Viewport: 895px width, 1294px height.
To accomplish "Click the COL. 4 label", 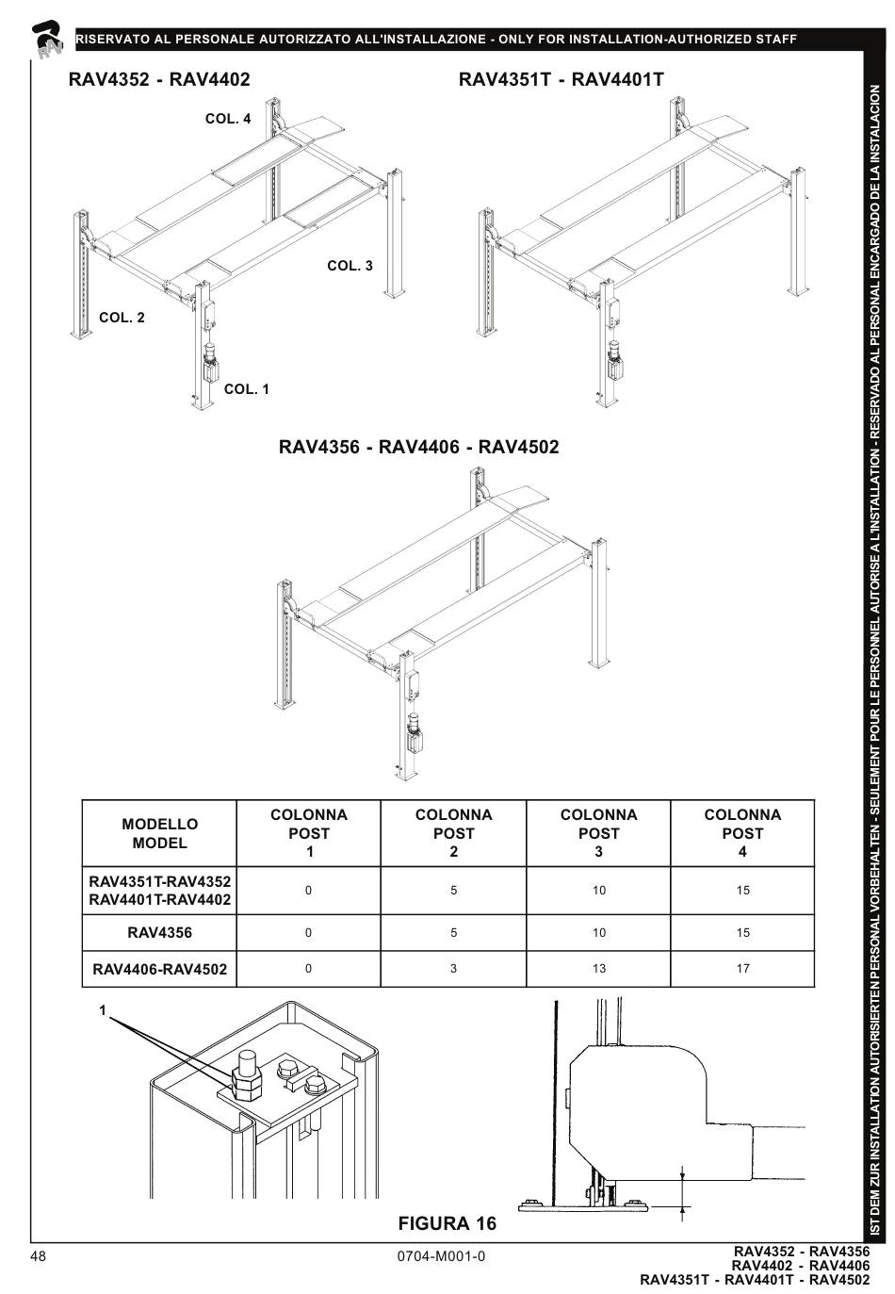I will [x=228, y=119].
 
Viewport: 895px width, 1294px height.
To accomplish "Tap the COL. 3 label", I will [x=350, y=266].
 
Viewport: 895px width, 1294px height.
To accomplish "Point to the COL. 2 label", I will [x=122, y=318].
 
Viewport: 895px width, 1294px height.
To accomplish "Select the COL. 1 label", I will [x=246, y=389].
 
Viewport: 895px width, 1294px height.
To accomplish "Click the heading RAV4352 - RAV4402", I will [x=159, y=79].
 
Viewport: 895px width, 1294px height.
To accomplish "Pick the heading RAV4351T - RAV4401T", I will [x=561, y=79].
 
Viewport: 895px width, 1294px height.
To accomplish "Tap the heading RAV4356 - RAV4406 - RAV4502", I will [x=418, y=446].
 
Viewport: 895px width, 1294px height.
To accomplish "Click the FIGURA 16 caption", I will [x=447, y=1223].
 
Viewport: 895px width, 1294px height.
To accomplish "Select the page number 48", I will [x=39, y=1256].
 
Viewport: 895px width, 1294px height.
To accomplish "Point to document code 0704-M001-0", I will [x=442, y=1256].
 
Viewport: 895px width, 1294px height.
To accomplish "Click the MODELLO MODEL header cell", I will [x=159, y=834].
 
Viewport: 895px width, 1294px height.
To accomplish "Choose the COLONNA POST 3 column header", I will [x=598, y=834].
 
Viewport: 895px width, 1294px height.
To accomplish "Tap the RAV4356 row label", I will [x=159, y=933].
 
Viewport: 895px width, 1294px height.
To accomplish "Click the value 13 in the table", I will [x=598, y=969].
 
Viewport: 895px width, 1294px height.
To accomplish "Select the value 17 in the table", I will [x=742, y=969].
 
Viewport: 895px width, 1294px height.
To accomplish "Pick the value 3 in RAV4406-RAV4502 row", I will [x=453, y=969].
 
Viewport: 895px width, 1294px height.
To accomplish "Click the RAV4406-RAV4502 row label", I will [x=159, y=969].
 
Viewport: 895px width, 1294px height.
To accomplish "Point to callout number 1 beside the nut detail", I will [x=104, y=1010].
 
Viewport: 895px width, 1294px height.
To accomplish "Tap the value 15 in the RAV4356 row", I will [x=742, y=933].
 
